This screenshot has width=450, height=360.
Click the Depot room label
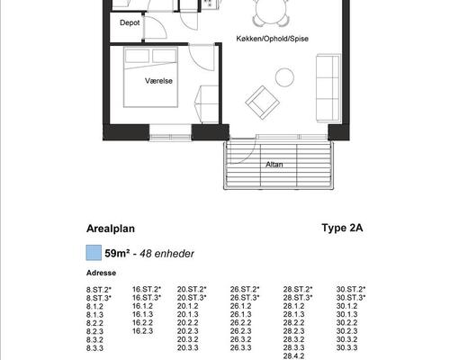point(130,22)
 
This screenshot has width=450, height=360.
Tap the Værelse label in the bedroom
point(158,81)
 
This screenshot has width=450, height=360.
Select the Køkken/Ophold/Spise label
point(272,39)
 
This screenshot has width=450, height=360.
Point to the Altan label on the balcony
point(274,165)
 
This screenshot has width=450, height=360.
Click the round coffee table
point(284,77)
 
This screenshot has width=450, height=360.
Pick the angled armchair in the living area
point(263,103)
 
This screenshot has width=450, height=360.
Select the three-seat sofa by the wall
point(328,88)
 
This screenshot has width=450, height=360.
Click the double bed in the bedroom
point(150,77)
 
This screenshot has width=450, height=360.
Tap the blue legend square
point(94,252)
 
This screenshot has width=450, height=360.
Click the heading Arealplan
point(111,229)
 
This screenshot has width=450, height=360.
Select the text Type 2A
point(342,228)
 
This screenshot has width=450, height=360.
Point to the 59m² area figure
point(117,254)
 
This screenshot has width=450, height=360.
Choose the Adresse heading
point(101,273)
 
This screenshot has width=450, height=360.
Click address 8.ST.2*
point(99,290)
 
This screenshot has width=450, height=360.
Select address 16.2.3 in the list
point(142,331)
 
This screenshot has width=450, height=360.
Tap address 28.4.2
point(293,356)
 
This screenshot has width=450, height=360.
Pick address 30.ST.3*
point(351,298)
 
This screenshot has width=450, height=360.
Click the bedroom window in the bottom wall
point(170,138)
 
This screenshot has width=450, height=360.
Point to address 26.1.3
point(240,314)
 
